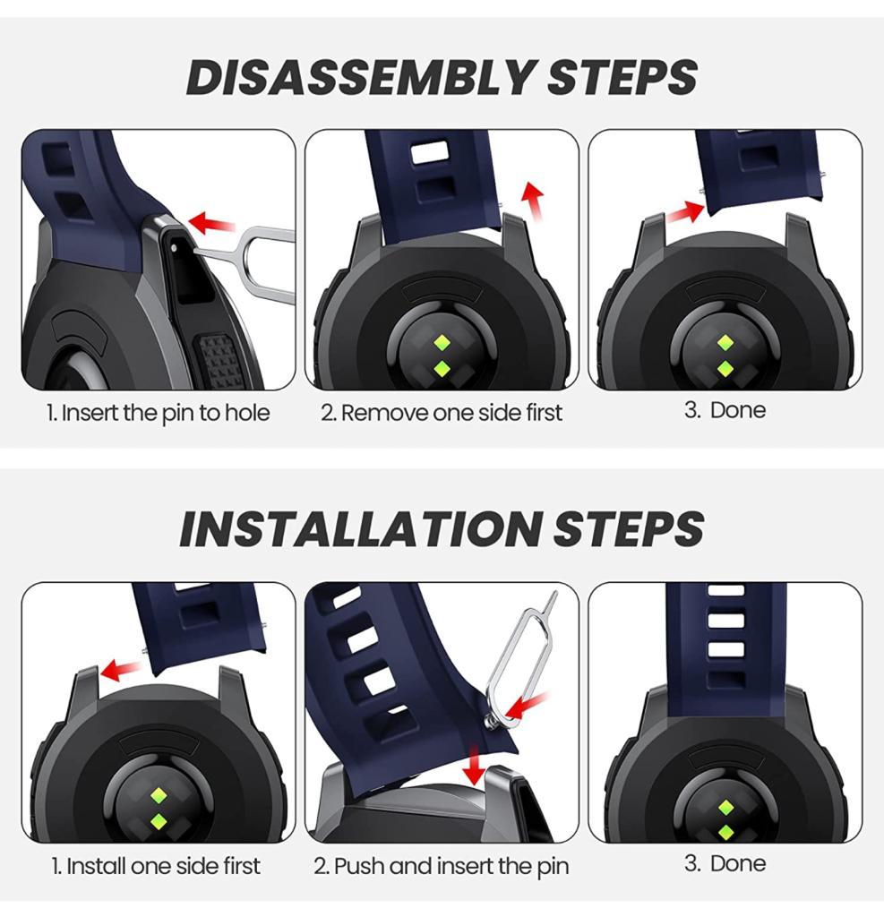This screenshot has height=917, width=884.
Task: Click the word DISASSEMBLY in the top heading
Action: tap(360, 77)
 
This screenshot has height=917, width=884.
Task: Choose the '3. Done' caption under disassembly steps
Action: tap(725, 410)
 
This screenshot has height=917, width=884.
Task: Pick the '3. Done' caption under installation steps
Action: tap(725, 863)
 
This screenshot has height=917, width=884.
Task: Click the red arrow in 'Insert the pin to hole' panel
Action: tap(211, 223)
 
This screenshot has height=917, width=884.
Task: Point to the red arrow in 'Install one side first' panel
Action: tap(121, 670)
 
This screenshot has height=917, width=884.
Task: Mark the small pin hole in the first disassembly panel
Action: tap(175, 247)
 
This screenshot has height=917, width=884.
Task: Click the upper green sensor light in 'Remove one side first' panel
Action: tap(442, 343)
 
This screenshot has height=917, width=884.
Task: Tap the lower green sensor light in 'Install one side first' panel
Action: tap(158, 822)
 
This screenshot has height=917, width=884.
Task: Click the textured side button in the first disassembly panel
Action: tap(220, 362)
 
